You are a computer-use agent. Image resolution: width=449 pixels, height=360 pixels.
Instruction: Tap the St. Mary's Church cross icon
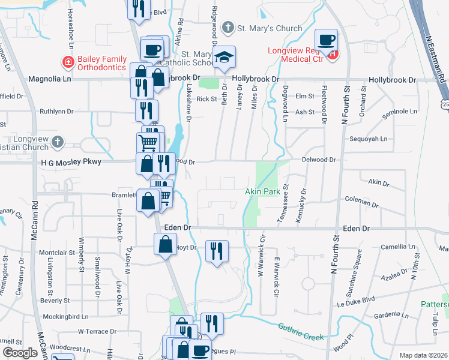point(228,28)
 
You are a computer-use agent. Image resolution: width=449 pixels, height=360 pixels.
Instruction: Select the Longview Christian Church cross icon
point(57,142)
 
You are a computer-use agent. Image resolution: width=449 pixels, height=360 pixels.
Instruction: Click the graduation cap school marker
point(224,56)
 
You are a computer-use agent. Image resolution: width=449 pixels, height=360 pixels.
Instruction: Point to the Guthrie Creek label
point(301,331)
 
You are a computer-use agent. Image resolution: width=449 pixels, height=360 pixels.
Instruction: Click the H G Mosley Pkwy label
point(68,162)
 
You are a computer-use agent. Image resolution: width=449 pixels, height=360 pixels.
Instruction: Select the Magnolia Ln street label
point(50,79)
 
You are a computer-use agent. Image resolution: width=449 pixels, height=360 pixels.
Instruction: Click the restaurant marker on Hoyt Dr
point(217,251)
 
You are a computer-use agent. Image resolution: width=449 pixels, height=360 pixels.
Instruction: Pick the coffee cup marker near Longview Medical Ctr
point(327,40)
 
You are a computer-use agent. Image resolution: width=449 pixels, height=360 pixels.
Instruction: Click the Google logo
point(19,353)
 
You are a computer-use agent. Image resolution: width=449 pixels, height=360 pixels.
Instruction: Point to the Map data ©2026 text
point(423,355)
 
